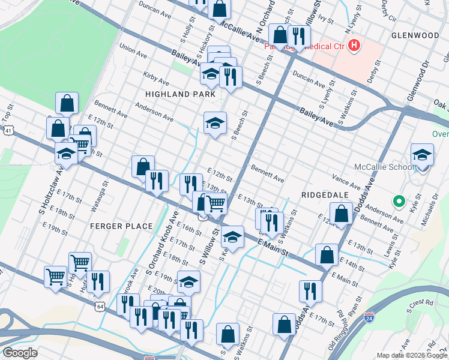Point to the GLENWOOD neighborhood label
415,35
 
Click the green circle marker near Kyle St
397,201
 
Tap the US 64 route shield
100,307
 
